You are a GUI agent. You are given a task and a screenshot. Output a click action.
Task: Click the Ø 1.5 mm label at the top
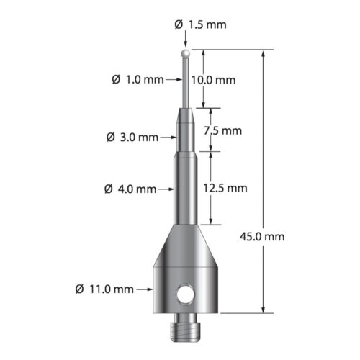tap(200, 24)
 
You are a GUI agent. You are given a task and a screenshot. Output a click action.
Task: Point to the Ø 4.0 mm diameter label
tap(130, 189)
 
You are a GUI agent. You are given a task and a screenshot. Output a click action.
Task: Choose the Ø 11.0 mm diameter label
tap(104, 289)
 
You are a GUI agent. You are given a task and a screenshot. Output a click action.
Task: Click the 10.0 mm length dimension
tap(214, 81)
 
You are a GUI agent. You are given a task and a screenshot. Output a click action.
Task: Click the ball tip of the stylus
tap(186, 53)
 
